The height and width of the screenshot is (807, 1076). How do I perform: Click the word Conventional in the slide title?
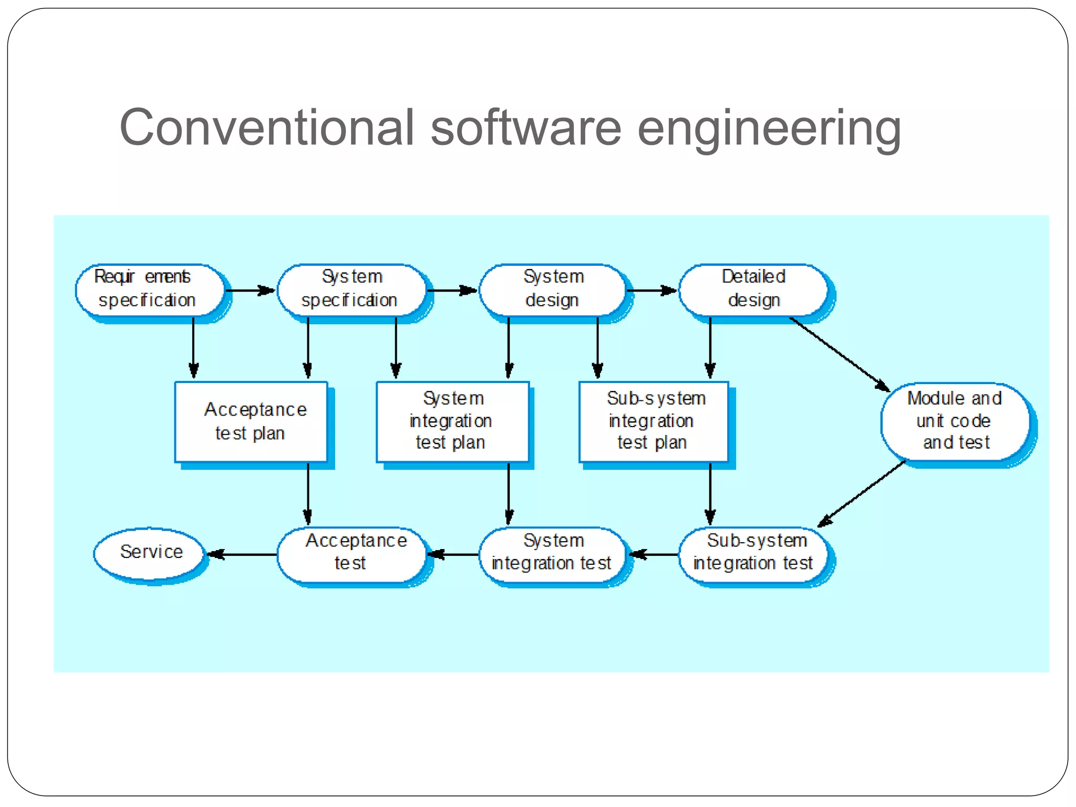pyautogui.click(x=267, y=128)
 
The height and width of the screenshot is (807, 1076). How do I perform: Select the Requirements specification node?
pyautogui.click(x=150, y=289)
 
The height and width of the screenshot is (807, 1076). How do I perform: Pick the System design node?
pyautogui.click(x=553, y=289)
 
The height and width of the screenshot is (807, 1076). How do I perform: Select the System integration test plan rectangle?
pyautogui.click(x=452, y=422)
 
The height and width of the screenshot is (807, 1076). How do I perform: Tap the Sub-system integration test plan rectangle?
pyautogui.click(x=654, y=422)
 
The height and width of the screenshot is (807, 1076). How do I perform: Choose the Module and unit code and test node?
pyautogui.click(x=955, y=422)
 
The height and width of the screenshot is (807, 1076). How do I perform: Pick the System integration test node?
pyautogui.click(x=553, y=554)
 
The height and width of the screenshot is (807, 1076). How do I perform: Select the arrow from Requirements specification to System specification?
pyautogui.click(x=250, y=290)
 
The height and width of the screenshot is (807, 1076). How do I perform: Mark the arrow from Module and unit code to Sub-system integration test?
pyautogui.click(x=862, y=494)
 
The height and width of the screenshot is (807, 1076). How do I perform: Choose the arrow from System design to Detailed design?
pyautogui.click(x=651, y=290)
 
